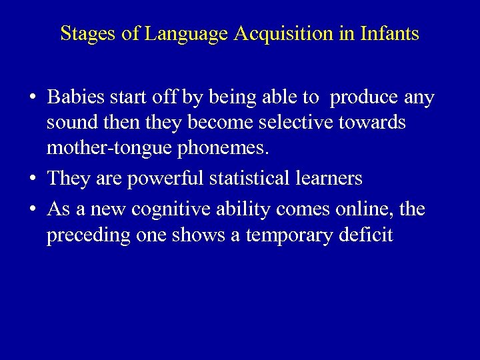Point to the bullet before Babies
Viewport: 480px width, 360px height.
32,99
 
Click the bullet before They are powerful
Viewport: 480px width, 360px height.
32,179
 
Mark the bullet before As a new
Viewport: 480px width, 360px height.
32,210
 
